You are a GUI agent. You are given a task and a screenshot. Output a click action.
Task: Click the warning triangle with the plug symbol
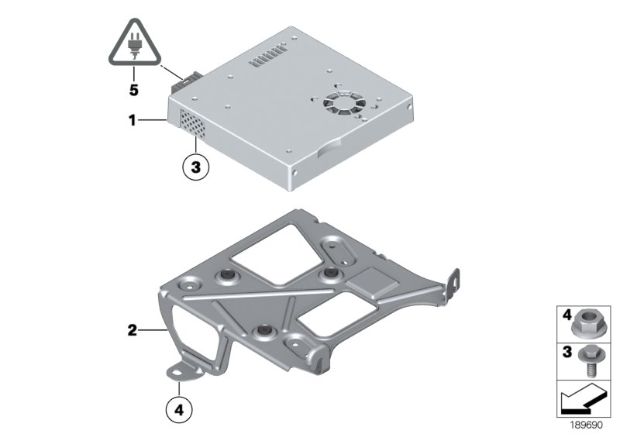(133, 46)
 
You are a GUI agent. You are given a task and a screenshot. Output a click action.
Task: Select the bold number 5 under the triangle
(133, 91)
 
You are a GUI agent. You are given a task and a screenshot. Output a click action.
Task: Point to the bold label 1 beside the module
(133, 121)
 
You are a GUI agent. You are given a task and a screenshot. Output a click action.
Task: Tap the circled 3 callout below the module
(195, 167)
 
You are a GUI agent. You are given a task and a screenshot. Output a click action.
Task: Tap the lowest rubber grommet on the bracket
(264, 332)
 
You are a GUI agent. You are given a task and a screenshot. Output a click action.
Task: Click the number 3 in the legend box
(566, 351)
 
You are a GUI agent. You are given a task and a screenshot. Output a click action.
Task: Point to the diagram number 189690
(588, 425)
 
